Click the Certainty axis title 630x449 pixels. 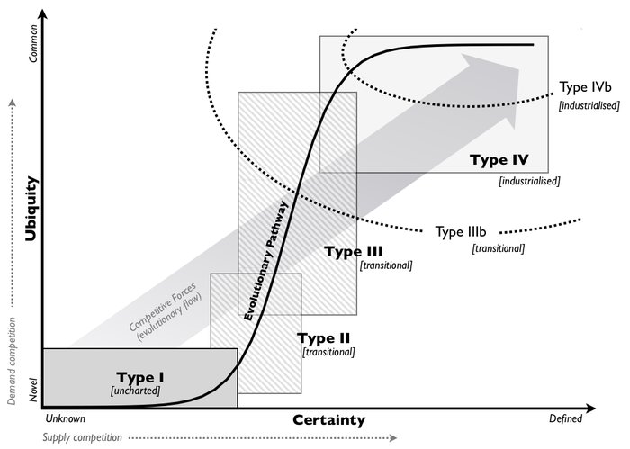[328, 420]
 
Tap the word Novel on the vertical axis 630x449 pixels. [34, 390]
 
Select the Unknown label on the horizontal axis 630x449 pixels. [64, 418]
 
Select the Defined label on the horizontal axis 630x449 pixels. [566, 418]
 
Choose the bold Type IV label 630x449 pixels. [498, 161]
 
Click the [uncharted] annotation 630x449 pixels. [135, 391]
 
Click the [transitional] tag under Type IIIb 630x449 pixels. [498, 247]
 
